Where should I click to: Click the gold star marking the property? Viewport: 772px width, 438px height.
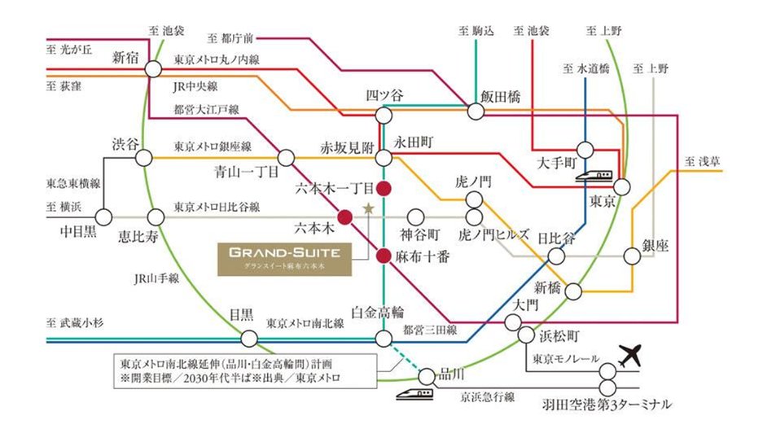coord(368,208)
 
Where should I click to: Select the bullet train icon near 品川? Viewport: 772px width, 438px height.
coord(414,393)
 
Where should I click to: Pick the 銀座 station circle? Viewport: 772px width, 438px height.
coord(632,256)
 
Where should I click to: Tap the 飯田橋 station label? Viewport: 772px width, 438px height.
coord(501,95)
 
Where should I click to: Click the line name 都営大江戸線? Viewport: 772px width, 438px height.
coord(205,108)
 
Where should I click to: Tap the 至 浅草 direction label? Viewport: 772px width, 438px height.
coord(703,161)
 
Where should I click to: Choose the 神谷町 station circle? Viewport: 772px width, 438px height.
coord(416,217)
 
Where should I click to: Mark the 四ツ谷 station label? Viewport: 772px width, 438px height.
coord(384,95)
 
